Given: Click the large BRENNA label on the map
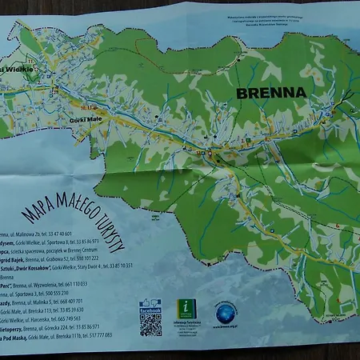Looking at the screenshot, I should coord(271,93).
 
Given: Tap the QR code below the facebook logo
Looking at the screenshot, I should coord(150,324).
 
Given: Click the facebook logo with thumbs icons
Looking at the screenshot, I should coord(150,306).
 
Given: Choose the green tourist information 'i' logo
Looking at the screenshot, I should coord(186,309).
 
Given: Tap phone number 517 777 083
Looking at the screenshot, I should coord(95,335).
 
